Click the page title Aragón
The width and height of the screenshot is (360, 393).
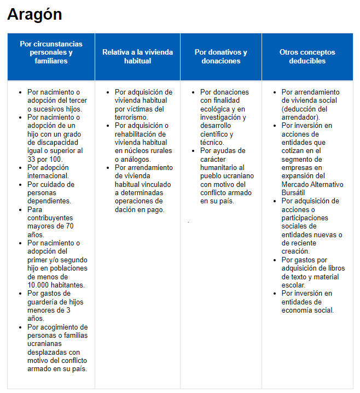[34, 15]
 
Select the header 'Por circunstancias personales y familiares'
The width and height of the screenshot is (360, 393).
[51, 52]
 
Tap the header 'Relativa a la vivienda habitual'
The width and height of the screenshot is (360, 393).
[137, 56]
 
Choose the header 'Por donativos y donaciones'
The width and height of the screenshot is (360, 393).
[220, 56]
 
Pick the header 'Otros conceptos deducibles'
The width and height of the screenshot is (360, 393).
[307, 56]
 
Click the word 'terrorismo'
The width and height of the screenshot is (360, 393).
[131, 117]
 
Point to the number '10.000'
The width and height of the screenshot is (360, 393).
[39, 285]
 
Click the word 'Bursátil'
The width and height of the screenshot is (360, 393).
[294, 192]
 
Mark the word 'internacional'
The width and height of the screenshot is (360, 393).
[48, 176]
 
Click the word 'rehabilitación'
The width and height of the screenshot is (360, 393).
[137, 134]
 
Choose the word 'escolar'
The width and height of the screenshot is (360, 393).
[293, 285]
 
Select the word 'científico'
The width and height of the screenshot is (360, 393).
[216, 134]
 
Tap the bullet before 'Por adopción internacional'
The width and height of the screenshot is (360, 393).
[20, 168]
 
